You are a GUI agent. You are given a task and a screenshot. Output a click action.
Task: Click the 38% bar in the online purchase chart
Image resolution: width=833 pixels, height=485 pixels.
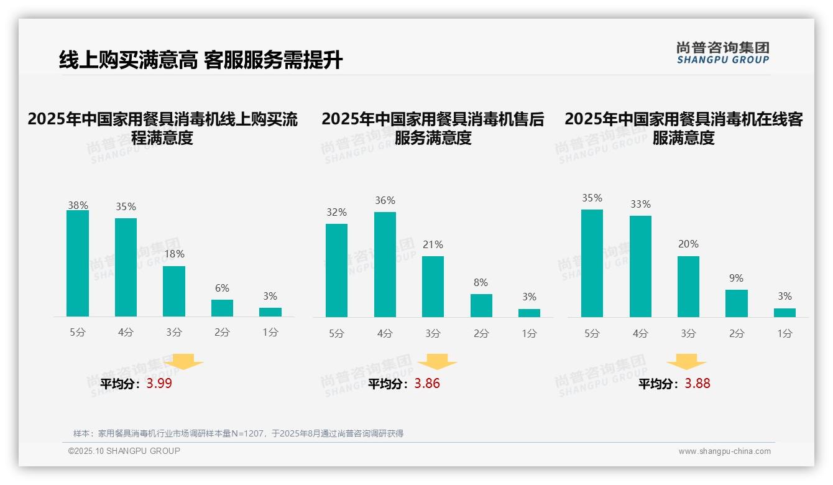[x=78, y=264]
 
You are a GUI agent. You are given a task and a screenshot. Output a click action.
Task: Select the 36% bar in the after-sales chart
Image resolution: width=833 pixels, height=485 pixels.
[x=385, y=264]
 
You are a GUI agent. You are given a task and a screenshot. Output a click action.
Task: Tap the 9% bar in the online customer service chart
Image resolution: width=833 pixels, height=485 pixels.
[x=737, y=303]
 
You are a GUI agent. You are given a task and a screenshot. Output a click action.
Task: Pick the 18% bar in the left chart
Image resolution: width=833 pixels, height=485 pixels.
[x=174, y=292]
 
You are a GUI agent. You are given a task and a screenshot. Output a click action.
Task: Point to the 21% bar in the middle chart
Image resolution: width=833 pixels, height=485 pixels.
[x=433, y=287]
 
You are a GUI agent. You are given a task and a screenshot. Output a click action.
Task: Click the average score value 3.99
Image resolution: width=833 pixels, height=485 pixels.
[x=159, y=384]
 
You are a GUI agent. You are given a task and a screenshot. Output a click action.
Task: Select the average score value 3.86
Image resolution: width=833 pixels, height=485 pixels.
[x=427, y=384]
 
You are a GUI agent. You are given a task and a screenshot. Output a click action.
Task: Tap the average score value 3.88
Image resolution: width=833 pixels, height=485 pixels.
[x=697, y=384]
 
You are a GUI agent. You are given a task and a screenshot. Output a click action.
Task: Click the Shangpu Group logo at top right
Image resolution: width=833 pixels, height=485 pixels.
[x=723, y=53]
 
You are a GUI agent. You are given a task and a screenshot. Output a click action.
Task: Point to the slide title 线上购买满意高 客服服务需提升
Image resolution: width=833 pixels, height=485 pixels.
[x=200, y=60]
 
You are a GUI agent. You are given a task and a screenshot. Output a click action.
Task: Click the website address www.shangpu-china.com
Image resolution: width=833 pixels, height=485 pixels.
[x=724, y=451]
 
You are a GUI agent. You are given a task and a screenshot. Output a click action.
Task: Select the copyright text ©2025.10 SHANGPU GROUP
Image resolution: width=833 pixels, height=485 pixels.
[x=124, y=451]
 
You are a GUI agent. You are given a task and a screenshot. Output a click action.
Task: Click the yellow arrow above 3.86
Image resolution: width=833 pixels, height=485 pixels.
[x=437, y=362]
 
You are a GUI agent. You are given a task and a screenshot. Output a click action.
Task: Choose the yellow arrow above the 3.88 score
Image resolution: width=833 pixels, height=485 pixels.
[x=686, y=362]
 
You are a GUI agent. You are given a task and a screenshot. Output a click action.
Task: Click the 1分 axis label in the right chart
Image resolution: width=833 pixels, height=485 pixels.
[x=785, y=333]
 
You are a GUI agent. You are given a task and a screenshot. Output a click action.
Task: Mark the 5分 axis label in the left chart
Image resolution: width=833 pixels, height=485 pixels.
[x=78, y=333]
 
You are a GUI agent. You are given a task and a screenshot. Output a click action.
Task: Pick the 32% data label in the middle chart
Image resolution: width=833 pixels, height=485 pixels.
[x=336, y=213]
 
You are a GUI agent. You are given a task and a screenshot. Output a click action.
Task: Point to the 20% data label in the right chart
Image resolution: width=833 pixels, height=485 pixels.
[x=688, y=244]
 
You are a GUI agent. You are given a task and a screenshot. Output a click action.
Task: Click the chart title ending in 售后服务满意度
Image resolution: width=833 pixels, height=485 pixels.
[x=433, y=128]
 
